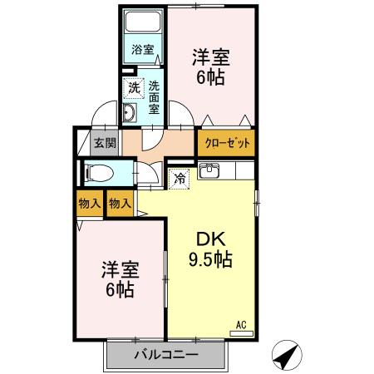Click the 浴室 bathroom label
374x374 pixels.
coord(143,50)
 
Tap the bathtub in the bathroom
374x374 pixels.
coord(143,23)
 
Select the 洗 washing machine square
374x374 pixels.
coord(133,86)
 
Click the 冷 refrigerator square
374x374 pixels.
coord(180,177)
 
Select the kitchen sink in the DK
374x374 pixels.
coord(210,172)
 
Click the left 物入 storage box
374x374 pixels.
coord(91,203)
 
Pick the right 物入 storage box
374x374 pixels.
coord(120,203)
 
